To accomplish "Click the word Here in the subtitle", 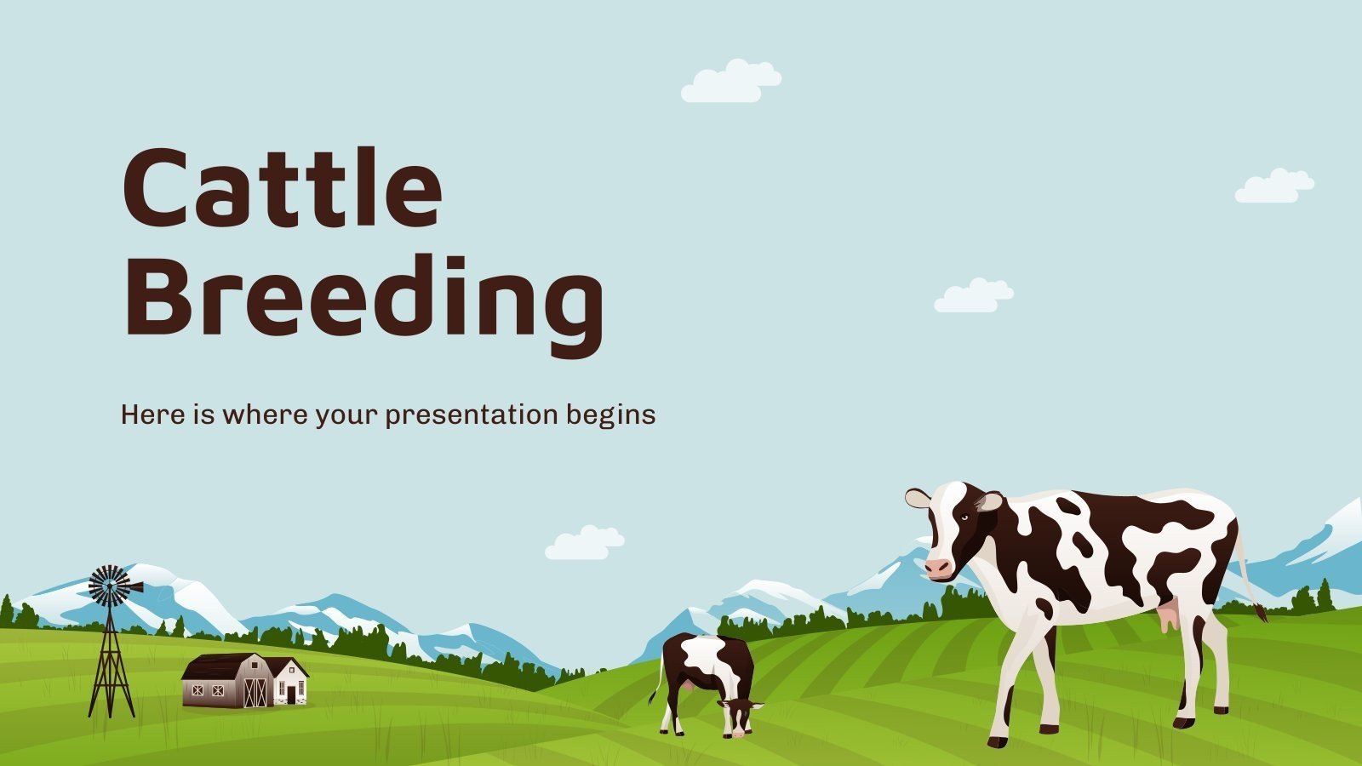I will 150,414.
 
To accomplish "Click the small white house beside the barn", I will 289,680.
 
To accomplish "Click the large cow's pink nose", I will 938,567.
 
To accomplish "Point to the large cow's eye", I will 964,517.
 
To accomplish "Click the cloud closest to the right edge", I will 1273,186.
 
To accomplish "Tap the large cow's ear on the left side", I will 917,499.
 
